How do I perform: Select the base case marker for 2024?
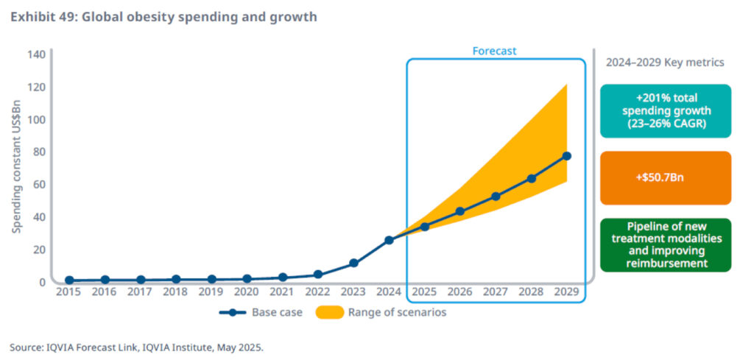(389, 240)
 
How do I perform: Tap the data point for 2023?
(353, 263)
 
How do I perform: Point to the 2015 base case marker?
(69, 280)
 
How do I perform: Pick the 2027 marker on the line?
(496, 197)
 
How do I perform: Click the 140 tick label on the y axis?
(36, 54)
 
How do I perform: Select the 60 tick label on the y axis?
(39, 185)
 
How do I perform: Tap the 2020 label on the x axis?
(247, 292)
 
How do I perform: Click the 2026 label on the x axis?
(460, 292)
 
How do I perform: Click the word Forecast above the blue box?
(494, 52)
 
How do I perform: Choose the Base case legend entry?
(261, 312)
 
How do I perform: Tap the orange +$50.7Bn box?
(665, 178)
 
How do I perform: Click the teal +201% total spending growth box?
(665, 111)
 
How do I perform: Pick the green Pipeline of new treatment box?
(665, 245)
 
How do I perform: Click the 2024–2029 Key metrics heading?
(664, 63)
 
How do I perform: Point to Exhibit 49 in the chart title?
(43, 16)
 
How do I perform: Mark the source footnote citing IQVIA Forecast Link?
(136, 347)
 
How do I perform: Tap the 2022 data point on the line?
(318, 275)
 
